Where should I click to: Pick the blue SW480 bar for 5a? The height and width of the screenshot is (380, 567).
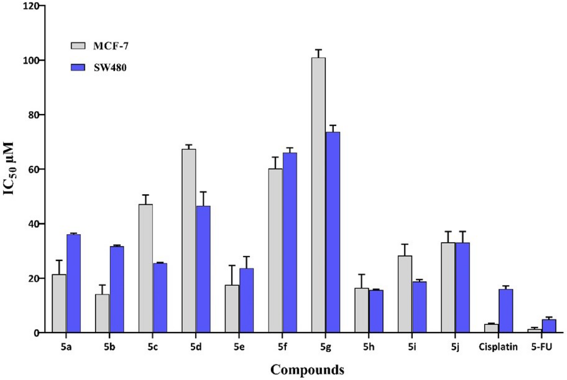pyautogui.click(x=73, y=283)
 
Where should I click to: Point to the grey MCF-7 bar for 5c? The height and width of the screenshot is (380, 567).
pyautogui.click(x=145, y=268)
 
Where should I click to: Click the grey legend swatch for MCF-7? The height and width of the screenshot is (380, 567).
pyautogui.click(x=78, y=46)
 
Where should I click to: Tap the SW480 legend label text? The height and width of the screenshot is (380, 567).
pyautogui.click(x=110, y=68)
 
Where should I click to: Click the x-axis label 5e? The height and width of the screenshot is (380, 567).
pyautogui.click(x=239, y=347)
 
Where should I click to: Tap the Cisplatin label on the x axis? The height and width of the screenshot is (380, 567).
pyautogui.click(x=498, y=347)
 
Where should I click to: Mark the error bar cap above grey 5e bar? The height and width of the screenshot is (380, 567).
pyautogui.click(x=232, y=265)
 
